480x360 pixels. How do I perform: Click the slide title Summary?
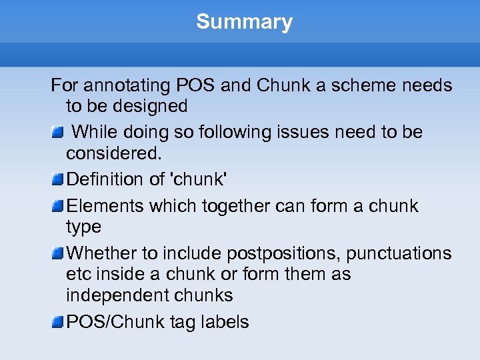pos(244,22)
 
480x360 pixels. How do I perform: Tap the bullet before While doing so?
pos(58,132)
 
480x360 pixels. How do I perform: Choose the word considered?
pos(113,153)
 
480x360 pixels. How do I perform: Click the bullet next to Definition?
pos(58,179)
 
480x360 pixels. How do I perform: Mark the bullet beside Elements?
pos(58,206)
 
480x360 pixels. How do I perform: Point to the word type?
pos(83,227)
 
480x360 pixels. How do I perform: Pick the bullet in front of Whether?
pos(58,253)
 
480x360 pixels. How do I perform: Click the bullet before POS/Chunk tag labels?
pos(58,322)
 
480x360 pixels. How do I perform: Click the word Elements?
pos(105,206)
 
